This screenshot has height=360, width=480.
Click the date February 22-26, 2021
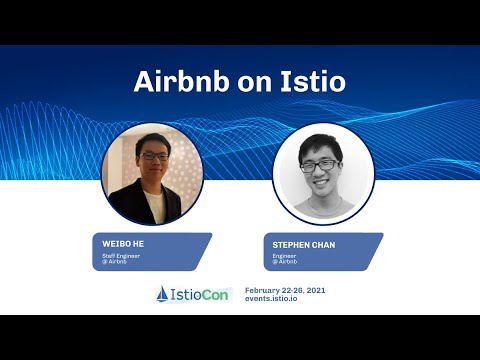285,289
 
